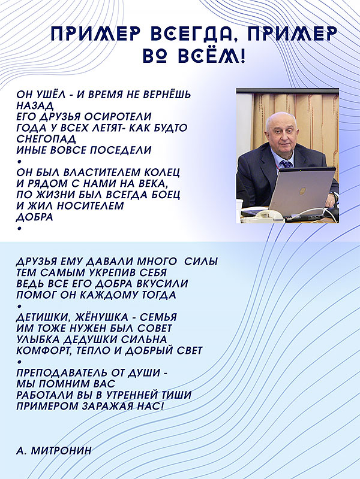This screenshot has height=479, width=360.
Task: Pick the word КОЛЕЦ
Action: coord(162,172)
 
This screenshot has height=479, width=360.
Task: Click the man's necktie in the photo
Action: coord(287,163)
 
